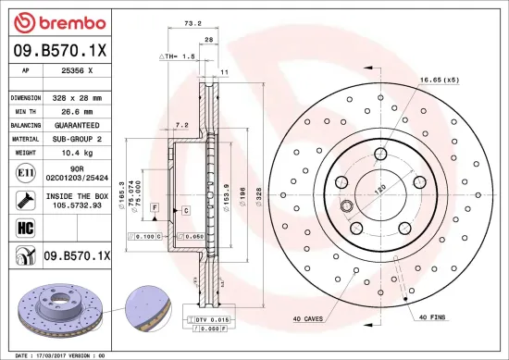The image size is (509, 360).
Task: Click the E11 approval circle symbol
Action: (21, 172)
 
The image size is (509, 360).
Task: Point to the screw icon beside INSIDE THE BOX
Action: (21, 200)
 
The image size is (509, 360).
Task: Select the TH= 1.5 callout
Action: (180, 57)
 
